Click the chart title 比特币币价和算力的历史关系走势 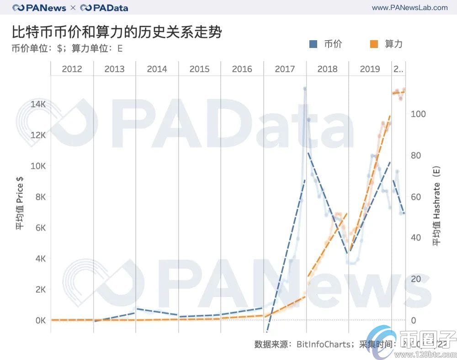pyautogui.click(x=117, y=32)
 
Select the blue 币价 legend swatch pyautogui.click(x=314, y=44)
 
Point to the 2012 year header pyautogui.click(x=72, y=69)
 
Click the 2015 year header pyautogui.click(x=199, y=69)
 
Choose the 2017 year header pyautogui.click(x=285, y=69)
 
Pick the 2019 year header pyautogui.click(x=370, y=69)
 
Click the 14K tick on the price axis pyautogui.click(x=38, y=104)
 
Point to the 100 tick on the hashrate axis pyautogui.click(x=418, y=114)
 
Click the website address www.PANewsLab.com pyautogui.click(x=409, y=8)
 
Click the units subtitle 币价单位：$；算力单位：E pyautogui.click(x=67, y=48)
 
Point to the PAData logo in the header pyautogui.click(x=104, y=8)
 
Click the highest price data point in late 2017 pyautogui.click(x=305, y=89)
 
